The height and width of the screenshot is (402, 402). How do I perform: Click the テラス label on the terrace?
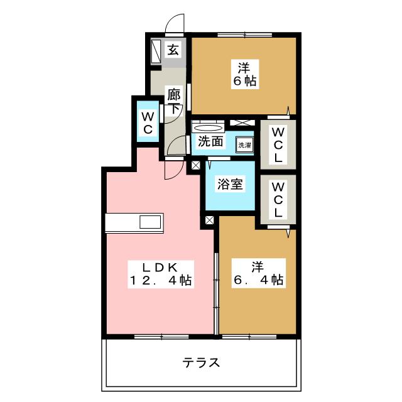(201, 362)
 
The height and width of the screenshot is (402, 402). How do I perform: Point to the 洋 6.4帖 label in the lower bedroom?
(257, 273)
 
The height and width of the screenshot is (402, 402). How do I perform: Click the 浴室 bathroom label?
(231, 185)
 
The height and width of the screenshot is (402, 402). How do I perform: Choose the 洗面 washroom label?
(210, 142)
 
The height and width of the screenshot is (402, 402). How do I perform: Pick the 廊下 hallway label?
(174, 102)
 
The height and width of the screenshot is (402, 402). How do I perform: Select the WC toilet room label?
(148, 123)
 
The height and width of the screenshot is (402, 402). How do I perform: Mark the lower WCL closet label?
(278, 198)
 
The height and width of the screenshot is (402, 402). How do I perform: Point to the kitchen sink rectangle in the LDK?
(151, 223)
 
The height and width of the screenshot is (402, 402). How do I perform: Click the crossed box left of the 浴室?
(196, 166)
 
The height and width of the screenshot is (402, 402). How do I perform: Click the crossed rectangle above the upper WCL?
(242, 122)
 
